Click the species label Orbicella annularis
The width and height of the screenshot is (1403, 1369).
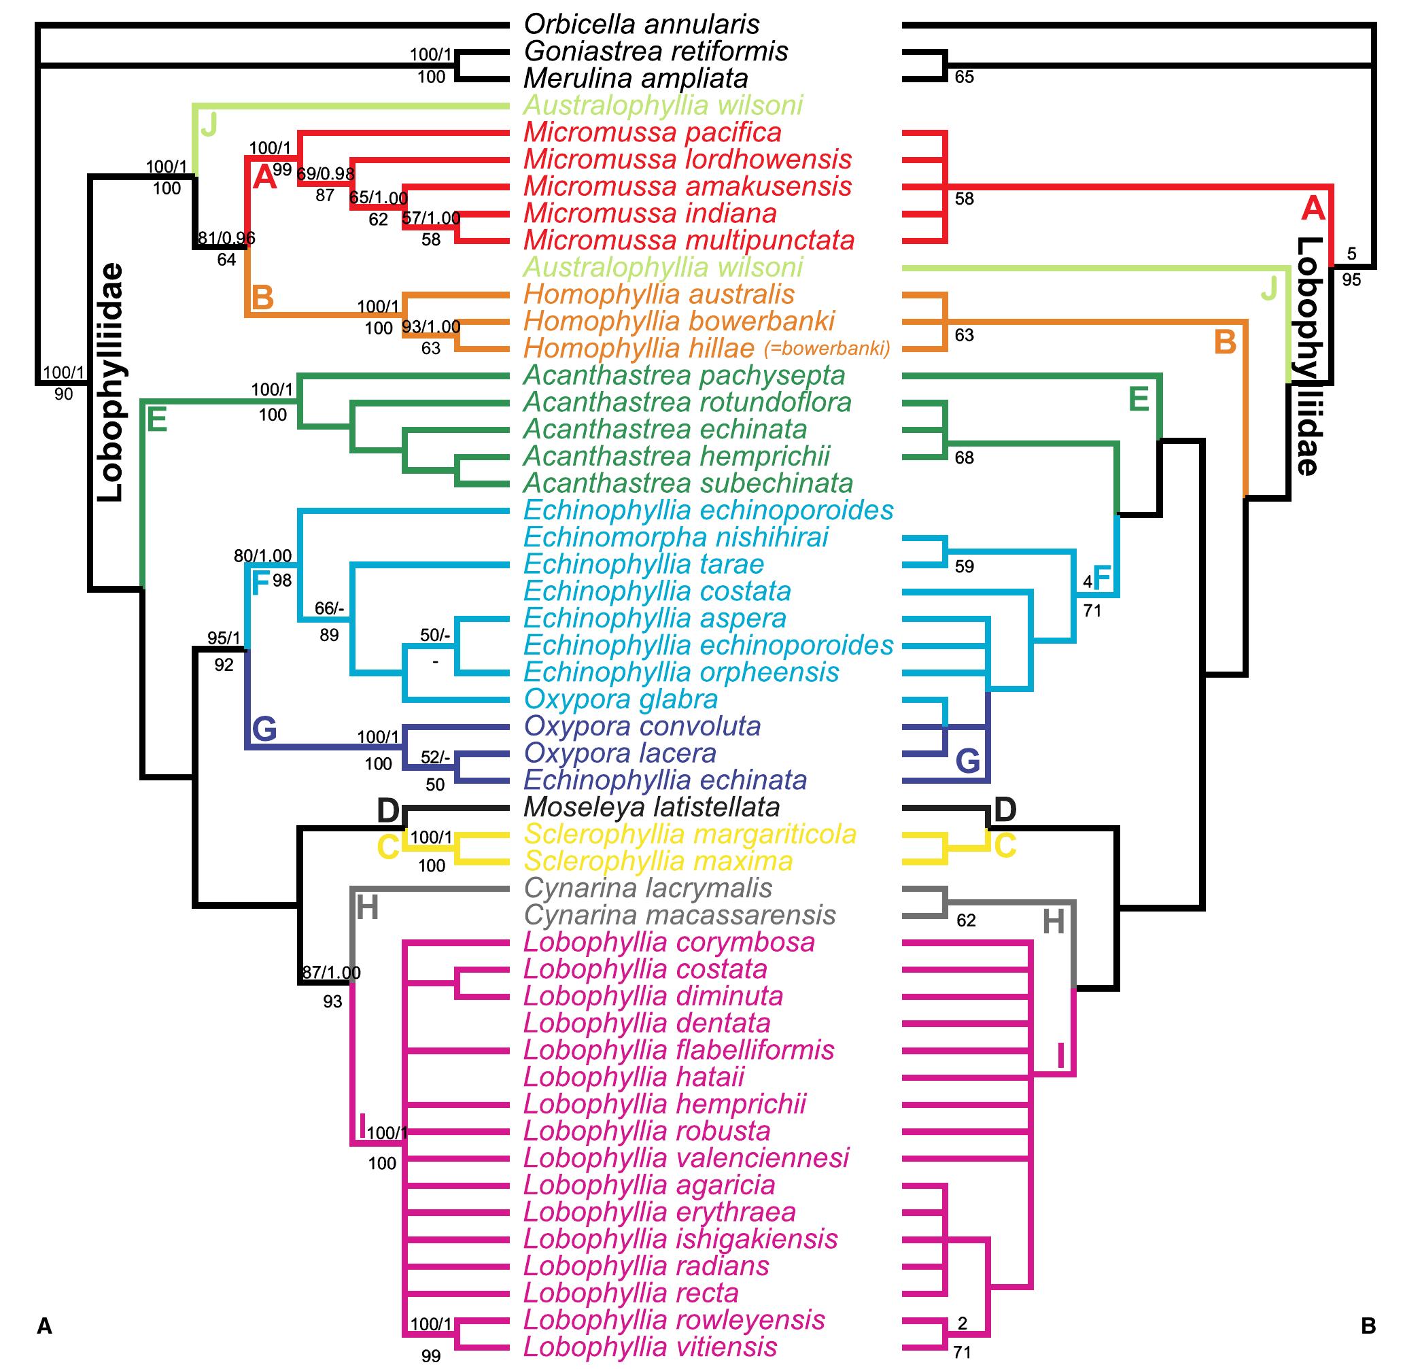coord(641,24)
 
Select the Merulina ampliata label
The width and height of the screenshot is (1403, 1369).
coord(636,78)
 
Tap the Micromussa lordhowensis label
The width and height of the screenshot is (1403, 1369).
coord(687,160)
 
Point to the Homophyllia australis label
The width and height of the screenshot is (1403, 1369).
coord(659,295)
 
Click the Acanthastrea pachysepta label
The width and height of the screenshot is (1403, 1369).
coord(684,375)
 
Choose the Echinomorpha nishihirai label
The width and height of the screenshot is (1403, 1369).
coord(675,537)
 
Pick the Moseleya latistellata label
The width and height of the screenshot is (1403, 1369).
coord(651,808)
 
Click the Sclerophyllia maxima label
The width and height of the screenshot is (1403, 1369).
coord(658,861)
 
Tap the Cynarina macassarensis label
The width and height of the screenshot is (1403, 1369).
coord(680,916)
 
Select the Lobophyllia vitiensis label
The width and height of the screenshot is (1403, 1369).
coord(650,1347)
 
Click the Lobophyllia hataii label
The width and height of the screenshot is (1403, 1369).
coord(634,1077)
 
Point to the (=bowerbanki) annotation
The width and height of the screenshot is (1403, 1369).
coord(827,349)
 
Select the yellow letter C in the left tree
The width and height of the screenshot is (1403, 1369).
coord(388,848)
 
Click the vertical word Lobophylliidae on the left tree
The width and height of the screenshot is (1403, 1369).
coord(110,383)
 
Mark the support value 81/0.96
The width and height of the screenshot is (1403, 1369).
coord(226,238)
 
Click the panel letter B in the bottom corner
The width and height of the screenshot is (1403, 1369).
coord(1368,1325)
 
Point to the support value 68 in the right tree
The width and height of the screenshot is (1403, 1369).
coord(964,458)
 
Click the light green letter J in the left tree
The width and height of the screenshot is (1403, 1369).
coord(209,126)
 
